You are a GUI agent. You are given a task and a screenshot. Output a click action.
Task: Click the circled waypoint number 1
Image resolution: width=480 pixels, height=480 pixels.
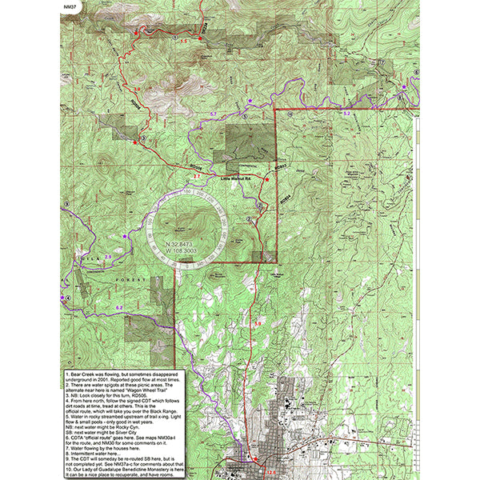pos(174,38)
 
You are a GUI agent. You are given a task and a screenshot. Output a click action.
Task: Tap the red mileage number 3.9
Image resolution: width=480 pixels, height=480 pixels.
pos(258,322)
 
